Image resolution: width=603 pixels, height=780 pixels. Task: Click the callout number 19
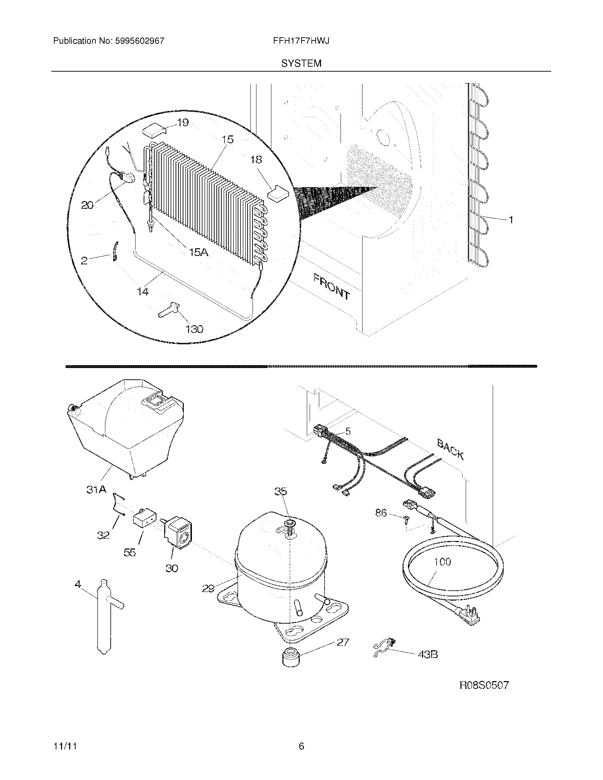pos(183,123)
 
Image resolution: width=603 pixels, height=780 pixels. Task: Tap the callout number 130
pos(194,329)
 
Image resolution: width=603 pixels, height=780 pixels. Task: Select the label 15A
pos(199,252)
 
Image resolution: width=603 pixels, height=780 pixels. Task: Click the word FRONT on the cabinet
pos(332,286)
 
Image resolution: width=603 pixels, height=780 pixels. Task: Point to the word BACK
pos(450,449)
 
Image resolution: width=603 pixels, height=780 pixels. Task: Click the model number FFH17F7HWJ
pos(301,41)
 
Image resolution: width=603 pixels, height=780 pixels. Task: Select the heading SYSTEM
pos(301,63)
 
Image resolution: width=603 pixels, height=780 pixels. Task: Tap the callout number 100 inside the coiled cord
pos(442,562)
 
